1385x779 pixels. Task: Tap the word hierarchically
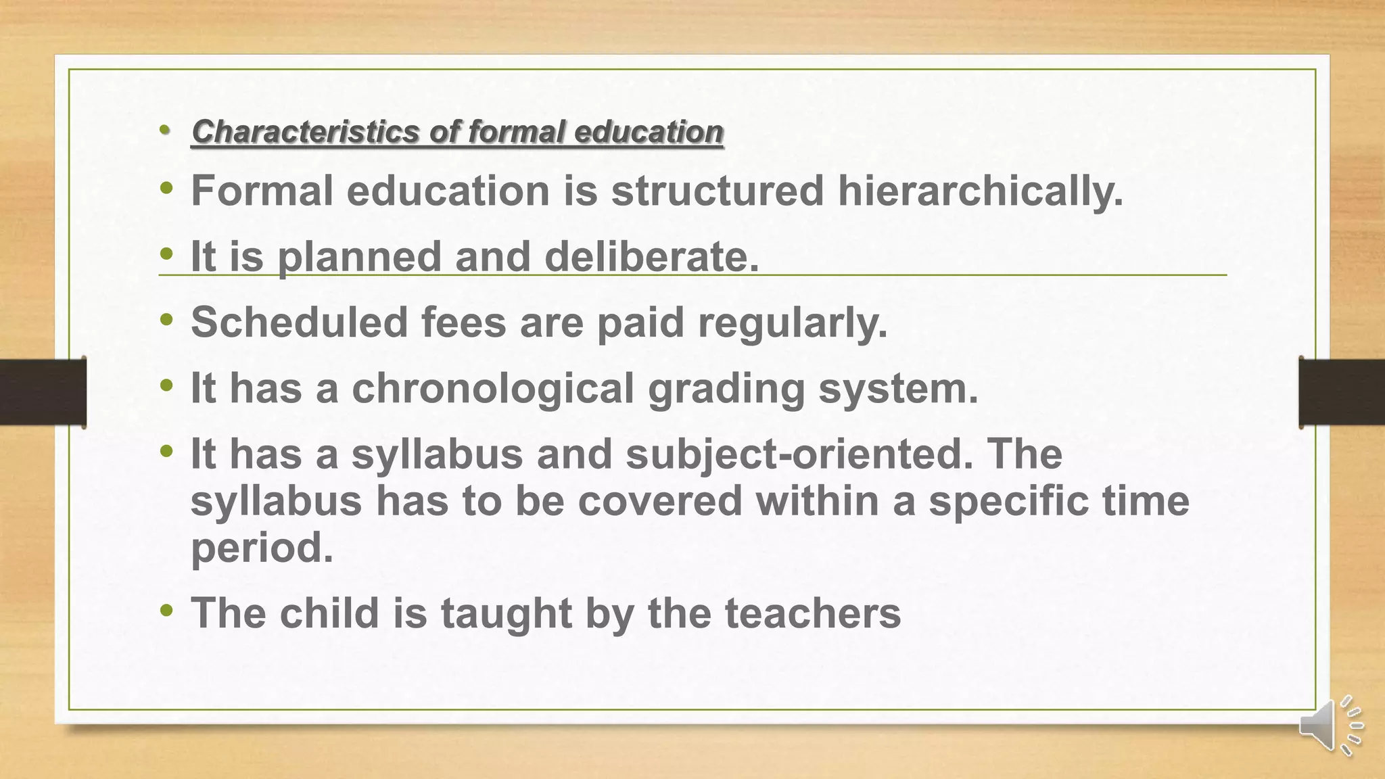[x=980, y=191]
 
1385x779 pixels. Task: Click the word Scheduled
[x=299, y=322]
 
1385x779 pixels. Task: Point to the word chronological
[x=492, y=388]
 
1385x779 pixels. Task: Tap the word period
[x=262, y=547]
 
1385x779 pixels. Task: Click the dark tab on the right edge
[x=1342, y=392]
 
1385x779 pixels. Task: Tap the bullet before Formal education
[x=166, y=189]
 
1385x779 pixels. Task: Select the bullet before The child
[x=166, y=611]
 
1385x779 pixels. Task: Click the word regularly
[x=792, y=322]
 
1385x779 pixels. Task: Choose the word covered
[x=660, y=501]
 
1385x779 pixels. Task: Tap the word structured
[x=718, y=191]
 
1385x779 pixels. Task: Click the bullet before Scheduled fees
[x=166, y=321]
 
